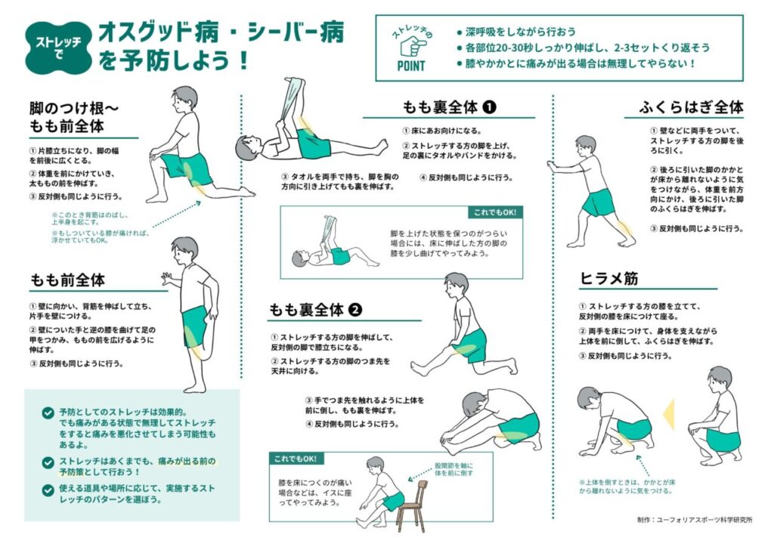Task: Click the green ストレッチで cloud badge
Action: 59,48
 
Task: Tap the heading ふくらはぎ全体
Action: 691,107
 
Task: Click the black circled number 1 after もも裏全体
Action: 489,107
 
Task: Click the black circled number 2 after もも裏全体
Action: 355,310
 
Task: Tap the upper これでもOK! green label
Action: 495,212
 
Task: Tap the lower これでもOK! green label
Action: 296,459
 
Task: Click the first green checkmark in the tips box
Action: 48,413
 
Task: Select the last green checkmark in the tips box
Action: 48,490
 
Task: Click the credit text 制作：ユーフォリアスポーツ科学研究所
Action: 695,520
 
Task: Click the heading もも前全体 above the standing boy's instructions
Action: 67,280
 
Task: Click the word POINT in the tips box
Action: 410,66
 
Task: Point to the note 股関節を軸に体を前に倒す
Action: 454,469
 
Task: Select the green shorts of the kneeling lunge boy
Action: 189,168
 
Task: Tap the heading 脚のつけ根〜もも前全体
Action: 74,117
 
